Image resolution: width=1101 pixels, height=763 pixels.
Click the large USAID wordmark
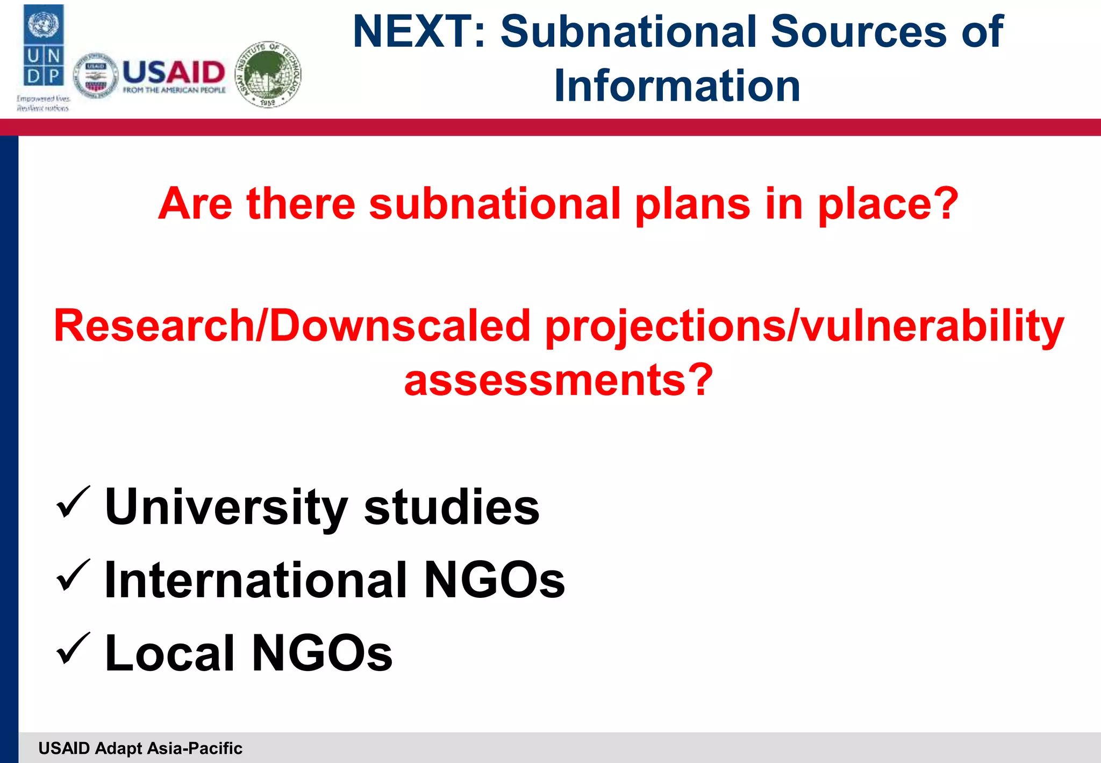click(174, 72)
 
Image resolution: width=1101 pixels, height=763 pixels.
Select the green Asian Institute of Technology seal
click(269, 74)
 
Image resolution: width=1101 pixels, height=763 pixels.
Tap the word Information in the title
click(677, 86)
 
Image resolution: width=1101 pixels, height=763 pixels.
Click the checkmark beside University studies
click(73, 503)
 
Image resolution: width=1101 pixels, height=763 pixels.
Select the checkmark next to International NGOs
click(73, 576)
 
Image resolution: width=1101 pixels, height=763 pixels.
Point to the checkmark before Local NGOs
click(73, 649)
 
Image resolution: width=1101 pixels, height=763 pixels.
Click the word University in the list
click(226, 507)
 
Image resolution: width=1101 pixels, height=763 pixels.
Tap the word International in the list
click(256, 580)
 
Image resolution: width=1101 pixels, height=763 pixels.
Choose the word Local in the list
click(170, 653)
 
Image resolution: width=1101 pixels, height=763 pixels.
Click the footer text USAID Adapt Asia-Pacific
click(140, 748)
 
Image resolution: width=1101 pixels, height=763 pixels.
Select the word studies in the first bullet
click(452, 507)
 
